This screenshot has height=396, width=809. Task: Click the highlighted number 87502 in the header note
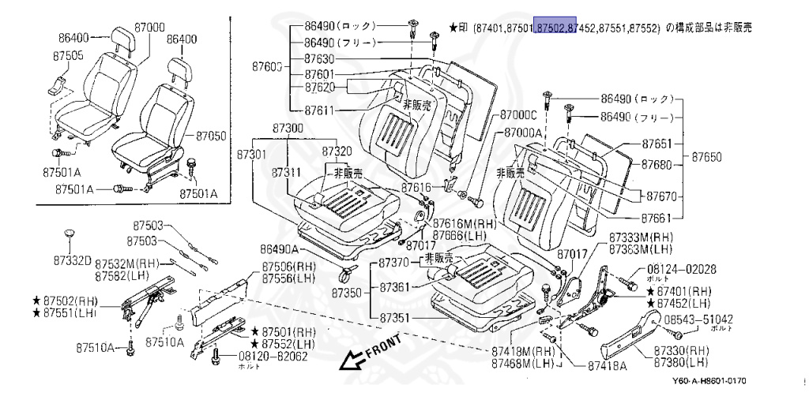(555, 27)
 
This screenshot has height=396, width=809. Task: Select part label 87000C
(519, 115)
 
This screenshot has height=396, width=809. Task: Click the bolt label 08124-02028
(682, 269)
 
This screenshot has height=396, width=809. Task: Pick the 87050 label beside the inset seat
(210, 136)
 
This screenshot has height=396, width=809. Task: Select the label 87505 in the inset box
(70, 55)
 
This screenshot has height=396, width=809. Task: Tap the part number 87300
(287, 128)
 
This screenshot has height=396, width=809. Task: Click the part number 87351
(397, 318)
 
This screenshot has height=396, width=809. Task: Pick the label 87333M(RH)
(641, 237)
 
